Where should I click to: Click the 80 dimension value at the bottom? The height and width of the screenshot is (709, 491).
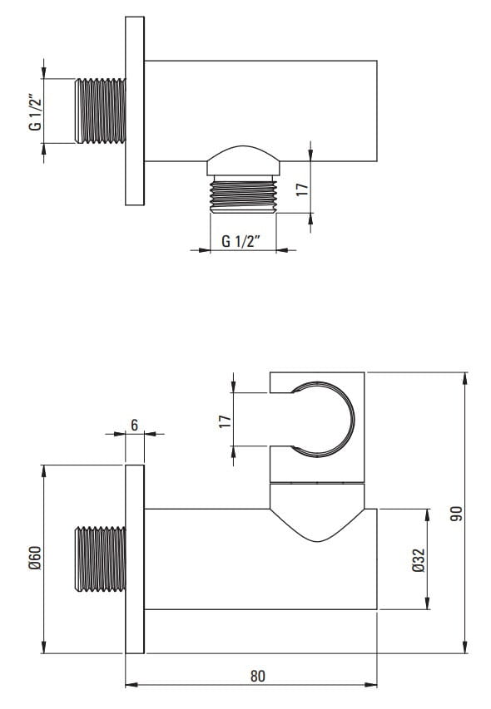pyautogui.click(x=257, y=676)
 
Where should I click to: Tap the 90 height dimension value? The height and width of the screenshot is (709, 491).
pyautogui.click(x=457, y=513)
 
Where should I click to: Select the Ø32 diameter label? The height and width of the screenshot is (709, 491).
pyautogui.click(x=419, y=559)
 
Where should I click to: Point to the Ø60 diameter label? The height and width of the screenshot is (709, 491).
pyautogui.click(x=36, y=558)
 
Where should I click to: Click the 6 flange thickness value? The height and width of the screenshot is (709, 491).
pyautogui.click(x=135, y=425)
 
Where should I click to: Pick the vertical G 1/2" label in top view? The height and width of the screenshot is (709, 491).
pyautogui.click(x=35, y=111)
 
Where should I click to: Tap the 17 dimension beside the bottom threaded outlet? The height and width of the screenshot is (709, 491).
pyautogui.click(x=302, y=189)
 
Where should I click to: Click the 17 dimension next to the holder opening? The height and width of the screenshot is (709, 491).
pyautogui.click(x=225, y=421)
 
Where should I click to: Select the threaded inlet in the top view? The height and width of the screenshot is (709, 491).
pyautogui.click(x=100, y=111)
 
